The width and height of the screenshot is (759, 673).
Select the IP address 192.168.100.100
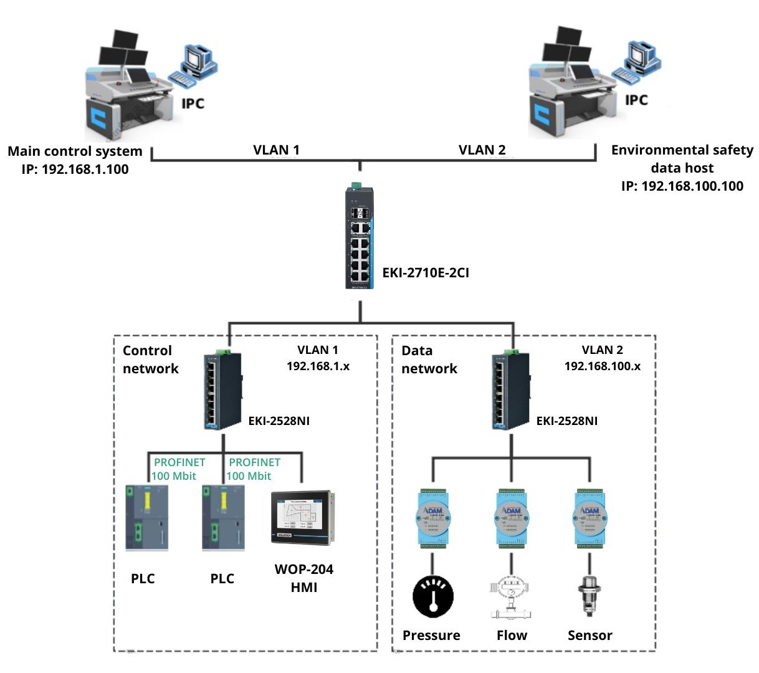pos(682,186)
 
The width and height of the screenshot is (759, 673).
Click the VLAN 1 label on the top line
pos(276,150)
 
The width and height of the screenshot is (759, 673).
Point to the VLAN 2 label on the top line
pos(482,150)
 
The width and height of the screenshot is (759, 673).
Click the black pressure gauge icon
pos(433,597)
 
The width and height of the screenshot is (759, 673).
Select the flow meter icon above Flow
pos(512,597)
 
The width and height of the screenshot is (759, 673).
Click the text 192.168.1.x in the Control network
pos(318,366)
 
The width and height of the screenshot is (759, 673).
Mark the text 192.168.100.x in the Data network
pos(602,366)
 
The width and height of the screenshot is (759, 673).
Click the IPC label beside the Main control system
pos(193,103)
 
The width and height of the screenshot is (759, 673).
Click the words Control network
pos(150,360)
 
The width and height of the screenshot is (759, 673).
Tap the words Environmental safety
pos(682,150)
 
